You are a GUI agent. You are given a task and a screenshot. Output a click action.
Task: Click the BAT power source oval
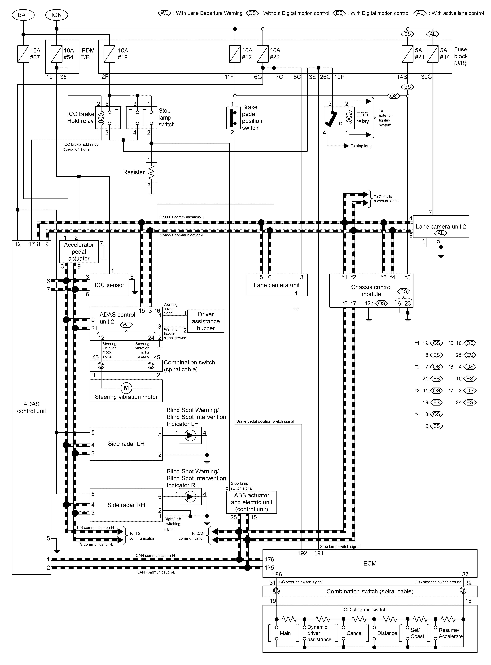pyautogui.click(x=23, y=15)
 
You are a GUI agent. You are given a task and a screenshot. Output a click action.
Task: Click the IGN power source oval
pyautogui.click(x=57, y=15)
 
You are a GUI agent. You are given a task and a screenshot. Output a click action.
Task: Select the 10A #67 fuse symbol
pyautogui.click(x=23, y=54)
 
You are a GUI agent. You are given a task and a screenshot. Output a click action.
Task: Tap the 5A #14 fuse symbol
pyautogui.click(x=432, y=54)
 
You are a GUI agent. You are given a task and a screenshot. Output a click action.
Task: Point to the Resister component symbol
pyautogui.click(x=151, y=172)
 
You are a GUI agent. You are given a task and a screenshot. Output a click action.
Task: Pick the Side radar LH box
pyautogui.click(x=126, y=444)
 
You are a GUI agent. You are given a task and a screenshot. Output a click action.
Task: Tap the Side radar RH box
pyautogui.click(x=126, y=505)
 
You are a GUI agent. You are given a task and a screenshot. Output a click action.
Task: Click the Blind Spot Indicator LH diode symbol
pyautogui.click(x=190, y=435)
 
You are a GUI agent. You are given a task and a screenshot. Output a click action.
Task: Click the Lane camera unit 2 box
pyautogui.click(x=441, y=227)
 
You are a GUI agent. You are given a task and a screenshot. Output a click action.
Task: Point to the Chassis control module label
pyautogui.click(x=371, y=290)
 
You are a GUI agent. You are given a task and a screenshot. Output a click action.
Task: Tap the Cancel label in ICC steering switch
pyautogui.click(x=354, y=633)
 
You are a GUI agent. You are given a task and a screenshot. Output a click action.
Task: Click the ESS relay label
pyautogui.click(x=362, y=118)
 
